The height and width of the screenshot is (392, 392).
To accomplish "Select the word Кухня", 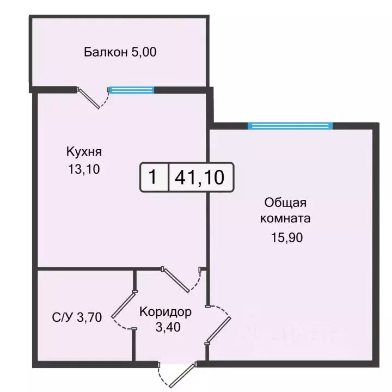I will [84, 151].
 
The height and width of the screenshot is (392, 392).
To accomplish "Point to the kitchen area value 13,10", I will [84, 169].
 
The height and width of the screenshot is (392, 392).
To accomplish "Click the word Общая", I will [285, 203].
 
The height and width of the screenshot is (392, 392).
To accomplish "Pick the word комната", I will [285, 219].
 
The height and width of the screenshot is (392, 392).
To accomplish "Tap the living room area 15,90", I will [285, 237].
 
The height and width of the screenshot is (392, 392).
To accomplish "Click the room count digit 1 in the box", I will [154, 177].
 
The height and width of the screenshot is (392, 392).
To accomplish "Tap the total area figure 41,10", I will [200, 177].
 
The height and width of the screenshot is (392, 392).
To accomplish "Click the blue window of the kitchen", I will [131, 90].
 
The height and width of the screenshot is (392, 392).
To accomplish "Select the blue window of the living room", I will [290, 126].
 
